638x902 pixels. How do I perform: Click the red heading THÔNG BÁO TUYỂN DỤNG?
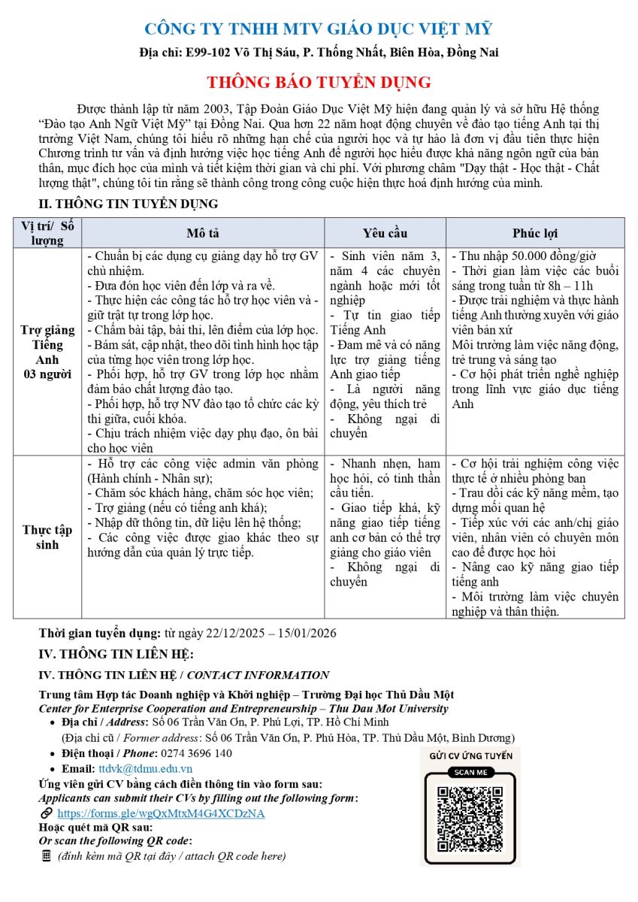[319, 82]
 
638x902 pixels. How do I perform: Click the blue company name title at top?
[319, 29]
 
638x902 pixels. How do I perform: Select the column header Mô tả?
[203, 233]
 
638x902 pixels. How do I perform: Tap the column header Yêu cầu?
[385, 233]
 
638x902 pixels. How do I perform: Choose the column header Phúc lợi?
[535, 233]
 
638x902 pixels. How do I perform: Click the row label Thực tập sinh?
[47, 537]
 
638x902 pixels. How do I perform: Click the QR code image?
[470, 819]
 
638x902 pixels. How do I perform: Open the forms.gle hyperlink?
[161, 813]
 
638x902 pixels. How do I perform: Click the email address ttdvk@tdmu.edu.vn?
[145, 768]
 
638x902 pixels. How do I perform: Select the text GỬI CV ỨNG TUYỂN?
[470, 755]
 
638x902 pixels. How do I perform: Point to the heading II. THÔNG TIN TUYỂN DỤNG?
[129, 204]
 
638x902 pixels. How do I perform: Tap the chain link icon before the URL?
[47, 813]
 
